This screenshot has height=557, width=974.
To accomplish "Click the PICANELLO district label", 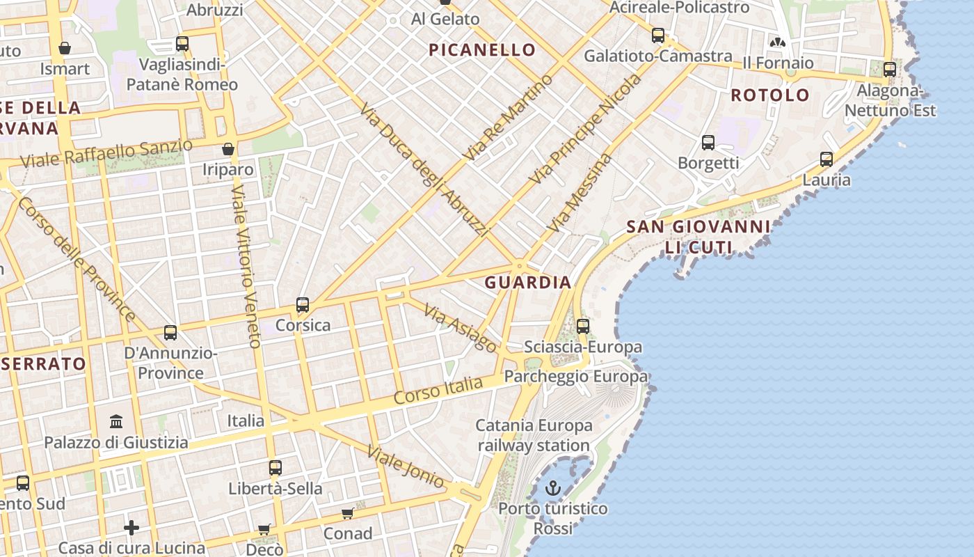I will click(482, 50).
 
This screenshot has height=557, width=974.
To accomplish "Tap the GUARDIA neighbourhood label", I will click(528, 283).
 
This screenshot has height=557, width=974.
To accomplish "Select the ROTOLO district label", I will click(770, 95).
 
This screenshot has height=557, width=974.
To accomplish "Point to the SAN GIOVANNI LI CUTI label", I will click(698, 237).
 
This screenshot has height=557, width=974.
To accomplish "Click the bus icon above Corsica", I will click(303, 305).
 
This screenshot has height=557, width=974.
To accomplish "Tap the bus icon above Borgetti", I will click(708, 143).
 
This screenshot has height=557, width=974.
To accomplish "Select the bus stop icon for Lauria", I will click(827, 159).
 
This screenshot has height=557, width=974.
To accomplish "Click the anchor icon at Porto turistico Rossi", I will click(553, 488).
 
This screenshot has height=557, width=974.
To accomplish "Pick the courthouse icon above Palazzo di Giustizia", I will click(117, 421).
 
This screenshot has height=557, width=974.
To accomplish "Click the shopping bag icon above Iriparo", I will click(227, 149).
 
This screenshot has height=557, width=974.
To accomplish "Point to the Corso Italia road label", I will click(438, 391).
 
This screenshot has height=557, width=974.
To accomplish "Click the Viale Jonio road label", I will click(406, 467).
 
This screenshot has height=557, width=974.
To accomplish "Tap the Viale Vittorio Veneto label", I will click(243, 266).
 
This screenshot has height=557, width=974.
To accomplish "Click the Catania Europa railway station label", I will click(534, 435).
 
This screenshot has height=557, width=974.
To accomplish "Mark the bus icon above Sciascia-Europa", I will click(583, 326).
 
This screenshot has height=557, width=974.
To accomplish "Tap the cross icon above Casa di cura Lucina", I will click(131, 528).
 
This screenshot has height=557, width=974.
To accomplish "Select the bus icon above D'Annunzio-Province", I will click(170, 333).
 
